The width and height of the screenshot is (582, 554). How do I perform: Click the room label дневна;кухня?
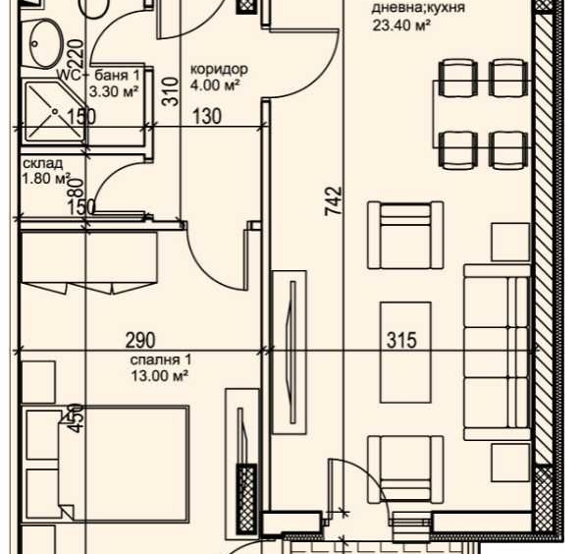click(417, 9)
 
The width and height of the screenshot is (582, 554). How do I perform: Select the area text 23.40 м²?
click(401, 28)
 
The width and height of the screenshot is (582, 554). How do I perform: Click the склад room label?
click(41, 163)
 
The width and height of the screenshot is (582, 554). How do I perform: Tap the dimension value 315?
click(401, 341)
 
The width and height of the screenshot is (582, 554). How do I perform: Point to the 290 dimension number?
click(140, 341)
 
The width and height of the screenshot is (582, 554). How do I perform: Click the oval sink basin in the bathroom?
click(45, 41)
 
